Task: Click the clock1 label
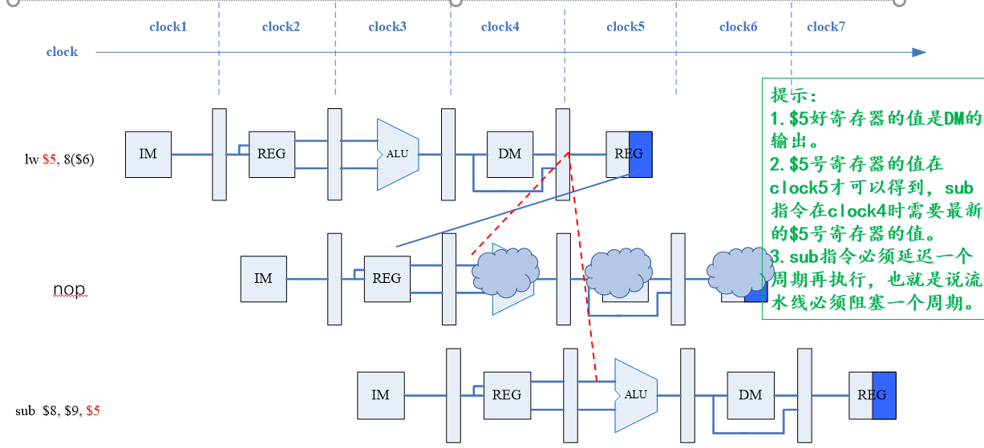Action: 168,26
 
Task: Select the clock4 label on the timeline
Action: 500,26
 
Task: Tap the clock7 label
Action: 825,26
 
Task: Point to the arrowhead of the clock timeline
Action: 918,53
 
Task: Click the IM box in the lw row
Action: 148,154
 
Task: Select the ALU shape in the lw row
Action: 398,155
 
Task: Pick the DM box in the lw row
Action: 509,154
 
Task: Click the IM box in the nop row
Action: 263,279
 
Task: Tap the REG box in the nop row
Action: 387,279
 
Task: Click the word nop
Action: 69,289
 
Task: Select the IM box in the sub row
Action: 380,395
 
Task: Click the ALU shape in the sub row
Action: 635,395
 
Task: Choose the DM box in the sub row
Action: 750,395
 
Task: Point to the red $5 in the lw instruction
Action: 50,159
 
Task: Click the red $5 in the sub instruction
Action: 93,411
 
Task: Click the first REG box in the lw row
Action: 272,154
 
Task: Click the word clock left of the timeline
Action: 62,52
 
